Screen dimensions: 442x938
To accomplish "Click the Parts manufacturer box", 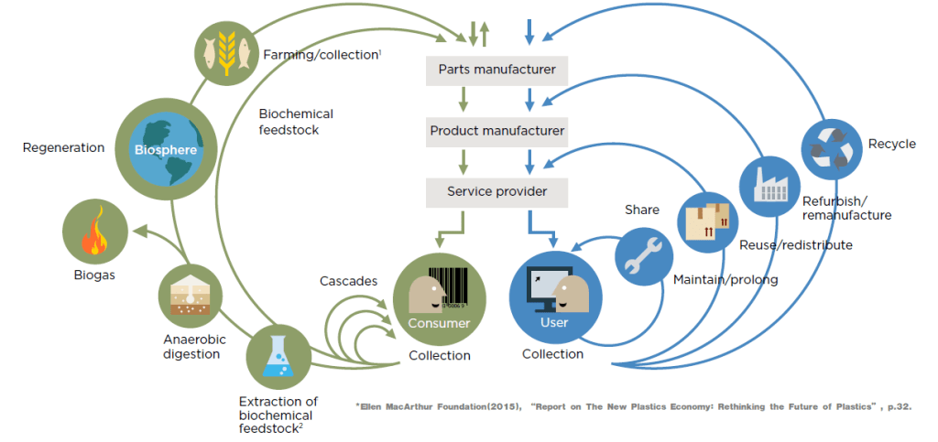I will [496, 70].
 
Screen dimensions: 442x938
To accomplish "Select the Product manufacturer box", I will [496, 131].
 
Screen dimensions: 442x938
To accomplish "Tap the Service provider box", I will [496, 192].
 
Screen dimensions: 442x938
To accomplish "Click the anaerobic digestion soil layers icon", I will [191, 296].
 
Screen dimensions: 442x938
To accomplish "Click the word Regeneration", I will [63, 148].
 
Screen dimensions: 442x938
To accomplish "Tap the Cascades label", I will [348, 281].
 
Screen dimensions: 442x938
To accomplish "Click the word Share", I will [642, 210].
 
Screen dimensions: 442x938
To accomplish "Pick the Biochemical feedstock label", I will [296, 122].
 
